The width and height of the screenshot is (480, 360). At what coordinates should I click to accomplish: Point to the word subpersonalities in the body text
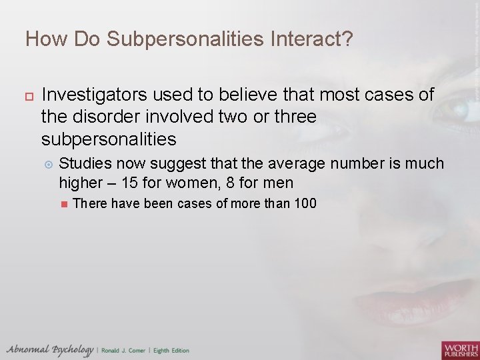[x=109, y=139]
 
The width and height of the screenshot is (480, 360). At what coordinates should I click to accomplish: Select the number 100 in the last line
[x=305, y=203]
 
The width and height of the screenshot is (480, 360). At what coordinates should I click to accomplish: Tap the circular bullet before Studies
[x=47, y=164]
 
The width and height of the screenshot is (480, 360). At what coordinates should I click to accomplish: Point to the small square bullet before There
[x=64, y=204]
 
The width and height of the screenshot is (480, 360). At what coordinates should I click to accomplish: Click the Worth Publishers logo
[x=459, y=349]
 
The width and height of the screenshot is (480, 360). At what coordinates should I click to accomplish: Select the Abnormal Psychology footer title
[x=49, y=350]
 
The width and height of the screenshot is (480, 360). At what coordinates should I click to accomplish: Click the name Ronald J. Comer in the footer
[x=125, y=351]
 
